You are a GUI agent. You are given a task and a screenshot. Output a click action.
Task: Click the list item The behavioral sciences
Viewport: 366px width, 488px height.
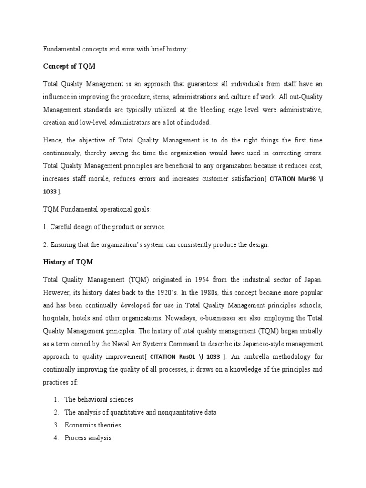[99, 399]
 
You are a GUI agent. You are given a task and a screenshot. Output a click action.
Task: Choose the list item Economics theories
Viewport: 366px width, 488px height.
[92, 425]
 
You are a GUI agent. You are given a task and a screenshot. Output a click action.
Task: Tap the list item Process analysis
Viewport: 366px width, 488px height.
[88, 438]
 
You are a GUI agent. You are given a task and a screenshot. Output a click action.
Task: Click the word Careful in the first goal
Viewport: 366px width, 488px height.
[62, 227]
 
